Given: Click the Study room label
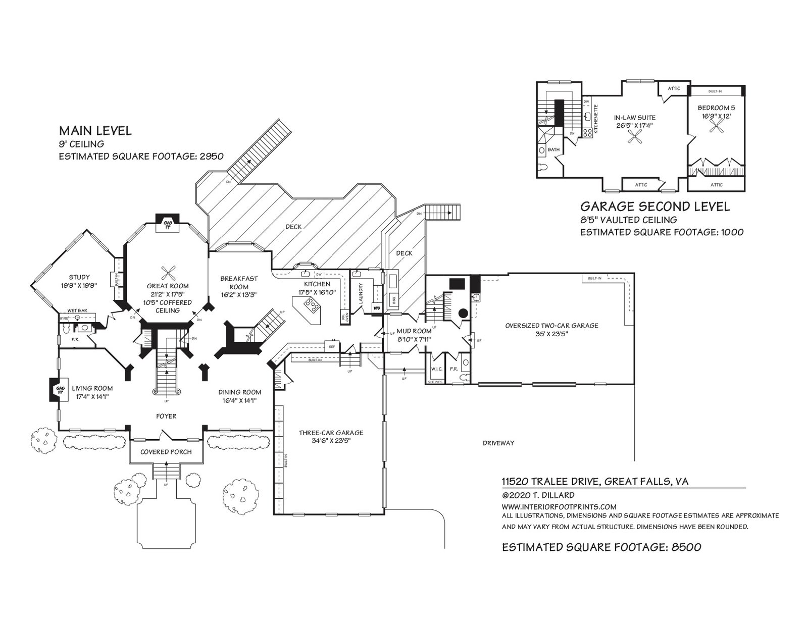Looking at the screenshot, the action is (79, 277).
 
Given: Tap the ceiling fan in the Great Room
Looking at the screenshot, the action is (168, 273).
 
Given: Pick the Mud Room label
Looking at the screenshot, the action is (415, 331).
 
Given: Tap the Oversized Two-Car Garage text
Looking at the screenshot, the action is (551, 326).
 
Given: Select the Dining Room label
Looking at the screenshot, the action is (239, 392).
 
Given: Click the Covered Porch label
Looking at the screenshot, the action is (166, 451).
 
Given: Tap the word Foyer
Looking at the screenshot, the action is (166, 416).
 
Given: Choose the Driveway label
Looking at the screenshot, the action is (498, 443).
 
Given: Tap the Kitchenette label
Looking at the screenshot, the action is (596, 119).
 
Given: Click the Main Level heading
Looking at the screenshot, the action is (95, 131).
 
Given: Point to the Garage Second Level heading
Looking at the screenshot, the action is (654, 206).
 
